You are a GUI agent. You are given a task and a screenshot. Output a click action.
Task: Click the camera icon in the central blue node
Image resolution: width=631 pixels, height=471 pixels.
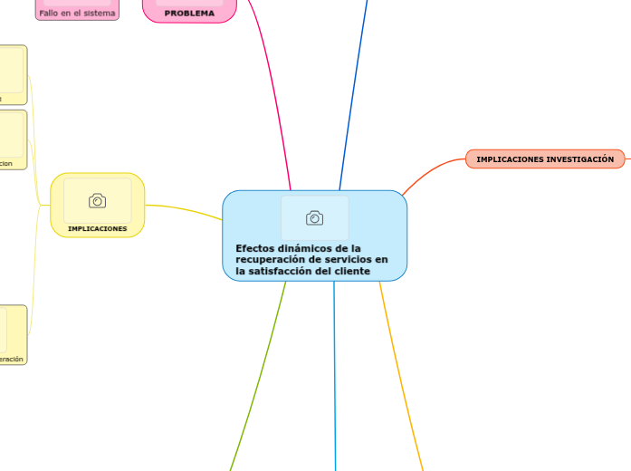point(314,217)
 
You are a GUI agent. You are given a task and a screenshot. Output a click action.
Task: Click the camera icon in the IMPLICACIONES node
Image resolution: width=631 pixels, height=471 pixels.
point(97,200)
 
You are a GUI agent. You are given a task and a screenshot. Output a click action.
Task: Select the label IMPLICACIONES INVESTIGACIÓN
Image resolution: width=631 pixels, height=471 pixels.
point(545,159)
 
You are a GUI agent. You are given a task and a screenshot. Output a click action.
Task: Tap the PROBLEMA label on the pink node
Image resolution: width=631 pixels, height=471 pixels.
point(189,14)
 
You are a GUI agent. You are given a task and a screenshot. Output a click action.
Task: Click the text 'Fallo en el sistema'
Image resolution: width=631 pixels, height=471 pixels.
point(77,13)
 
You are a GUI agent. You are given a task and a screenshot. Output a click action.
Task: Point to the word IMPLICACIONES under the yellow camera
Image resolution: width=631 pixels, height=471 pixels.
point(97,228)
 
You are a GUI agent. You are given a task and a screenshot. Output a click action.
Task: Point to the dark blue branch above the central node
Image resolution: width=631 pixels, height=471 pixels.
point(354,91)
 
